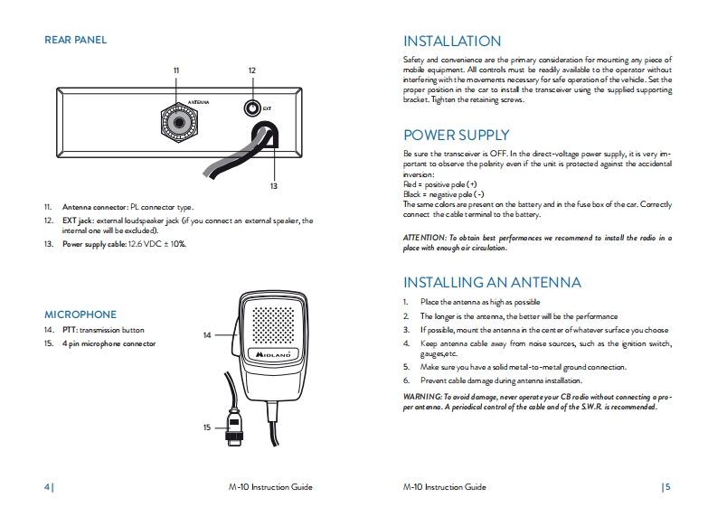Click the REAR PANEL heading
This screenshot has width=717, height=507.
76,40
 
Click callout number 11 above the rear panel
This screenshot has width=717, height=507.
176,70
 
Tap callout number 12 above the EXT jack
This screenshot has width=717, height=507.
251,70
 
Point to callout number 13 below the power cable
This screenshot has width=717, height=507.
273,185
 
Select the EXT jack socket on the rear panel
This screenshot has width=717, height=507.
252,108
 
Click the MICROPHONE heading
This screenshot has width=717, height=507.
80,315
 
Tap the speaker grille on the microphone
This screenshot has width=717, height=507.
272,324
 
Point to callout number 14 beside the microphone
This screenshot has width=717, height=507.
206,335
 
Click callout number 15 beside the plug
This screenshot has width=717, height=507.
206,427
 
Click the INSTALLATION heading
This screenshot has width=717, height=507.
451,41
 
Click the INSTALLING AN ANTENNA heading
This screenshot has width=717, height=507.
492,282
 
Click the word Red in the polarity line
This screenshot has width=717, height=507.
410,183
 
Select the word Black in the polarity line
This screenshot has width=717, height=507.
412,194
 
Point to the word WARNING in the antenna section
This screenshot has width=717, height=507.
420,397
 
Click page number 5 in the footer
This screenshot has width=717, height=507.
667,487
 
